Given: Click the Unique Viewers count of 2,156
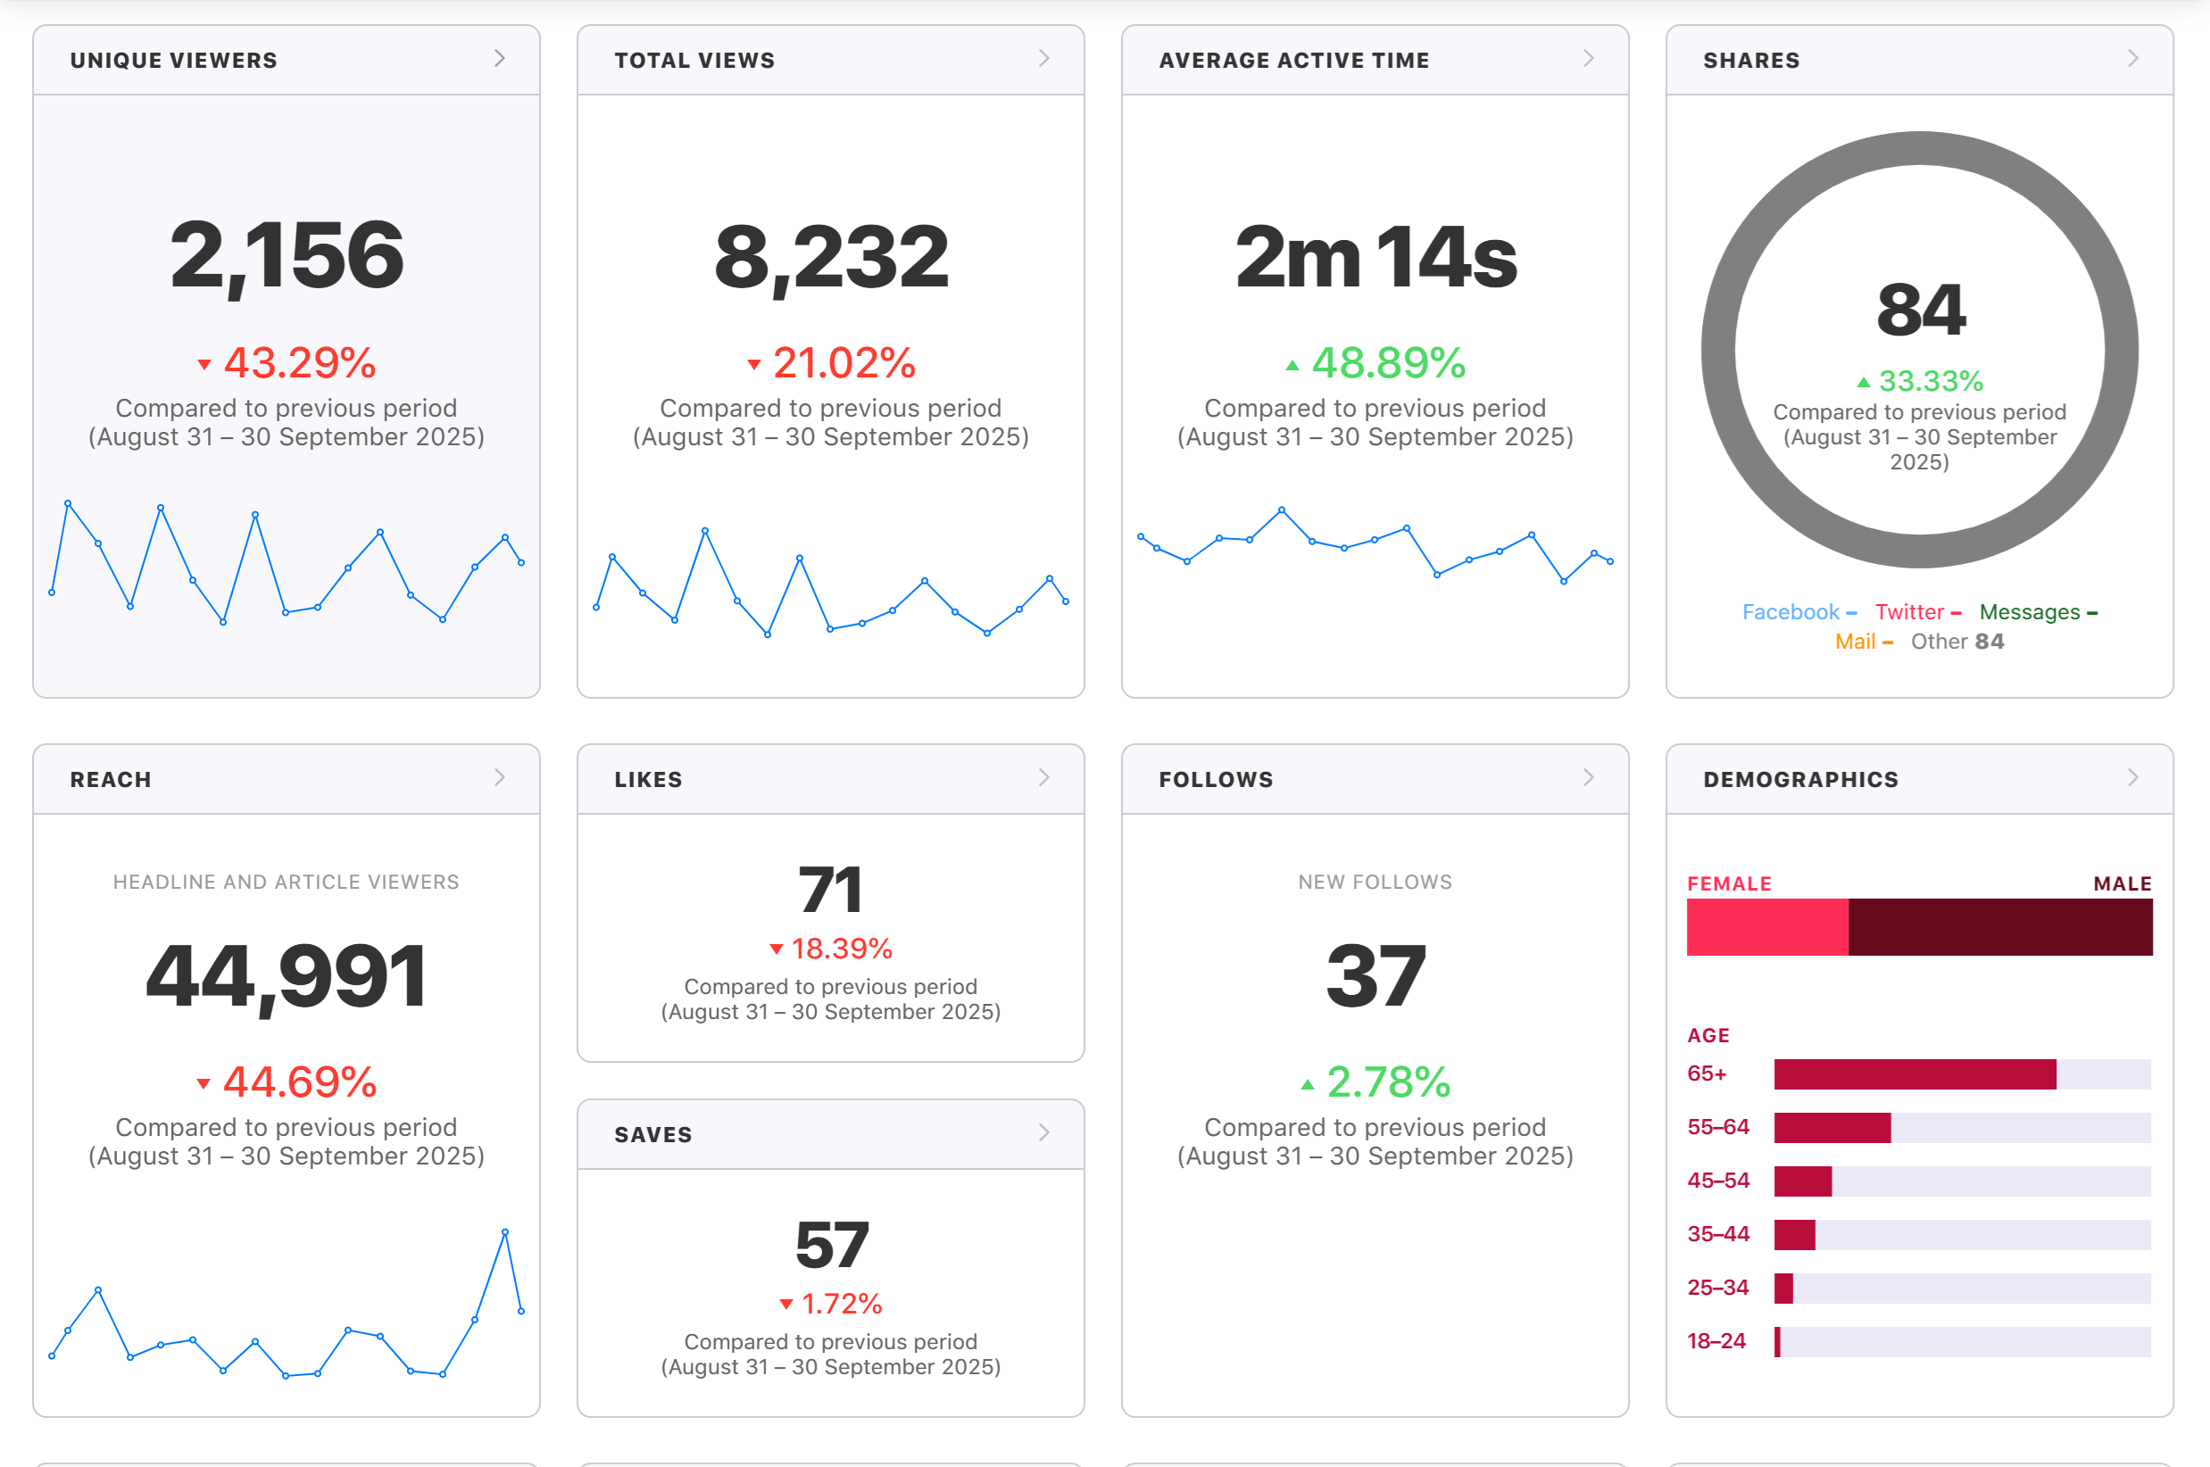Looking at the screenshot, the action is (287, 255).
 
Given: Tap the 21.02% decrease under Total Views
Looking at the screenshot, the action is (832, 363).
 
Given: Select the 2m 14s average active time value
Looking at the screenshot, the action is (1375, 257).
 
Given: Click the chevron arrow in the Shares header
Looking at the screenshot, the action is (2133, 58).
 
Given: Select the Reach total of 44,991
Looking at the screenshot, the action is (287, 977).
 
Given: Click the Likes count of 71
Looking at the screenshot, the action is (831, 890).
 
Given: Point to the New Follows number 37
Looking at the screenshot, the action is (1375, 976).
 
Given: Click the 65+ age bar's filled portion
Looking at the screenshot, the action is (1915, 1074).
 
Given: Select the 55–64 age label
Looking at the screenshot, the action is (1718, 1127).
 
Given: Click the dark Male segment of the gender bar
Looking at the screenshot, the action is (2000, 927).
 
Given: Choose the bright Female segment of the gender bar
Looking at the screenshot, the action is (1767, 927).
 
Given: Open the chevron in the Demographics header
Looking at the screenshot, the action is (2133, 777).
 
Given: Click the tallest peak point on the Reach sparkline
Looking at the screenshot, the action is (505, 1232).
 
